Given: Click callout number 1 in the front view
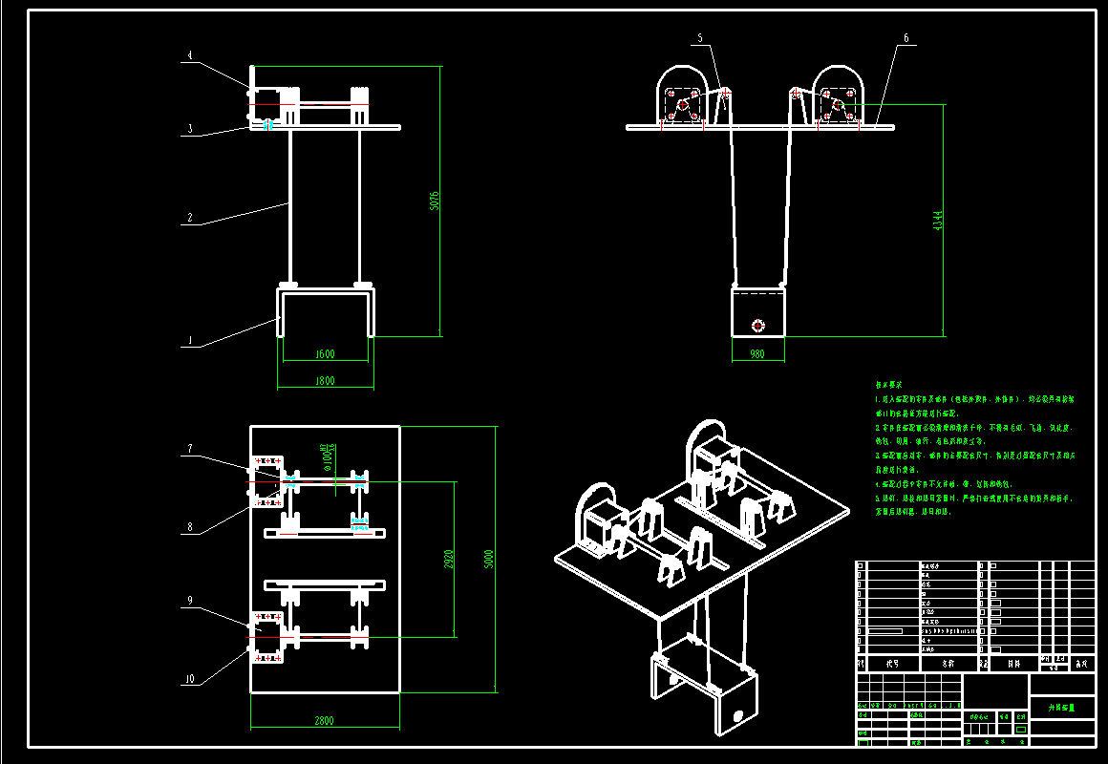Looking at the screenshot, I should [189, 340].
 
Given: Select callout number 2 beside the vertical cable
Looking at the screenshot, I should [189, 219].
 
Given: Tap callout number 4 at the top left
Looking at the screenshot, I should [189, 56].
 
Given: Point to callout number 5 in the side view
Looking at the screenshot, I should [699, 38].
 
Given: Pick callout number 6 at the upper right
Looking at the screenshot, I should [906, 38].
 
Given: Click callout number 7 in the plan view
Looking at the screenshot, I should [189, 448].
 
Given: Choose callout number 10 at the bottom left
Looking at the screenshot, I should [189, 680].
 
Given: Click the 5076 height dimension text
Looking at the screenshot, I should [435, 201].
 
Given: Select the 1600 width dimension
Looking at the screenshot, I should [325, 354].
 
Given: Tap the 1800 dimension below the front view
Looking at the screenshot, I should [325, 381].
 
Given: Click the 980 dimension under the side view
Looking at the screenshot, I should [757, 354].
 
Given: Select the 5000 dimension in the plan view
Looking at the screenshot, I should [488, 558].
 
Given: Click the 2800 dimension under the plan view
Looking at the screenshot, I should [325, 721].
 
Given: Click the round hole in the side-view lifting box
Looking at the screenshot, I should [758, 325].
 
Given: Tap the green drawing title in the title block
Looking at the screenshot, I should [1062, 708].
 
